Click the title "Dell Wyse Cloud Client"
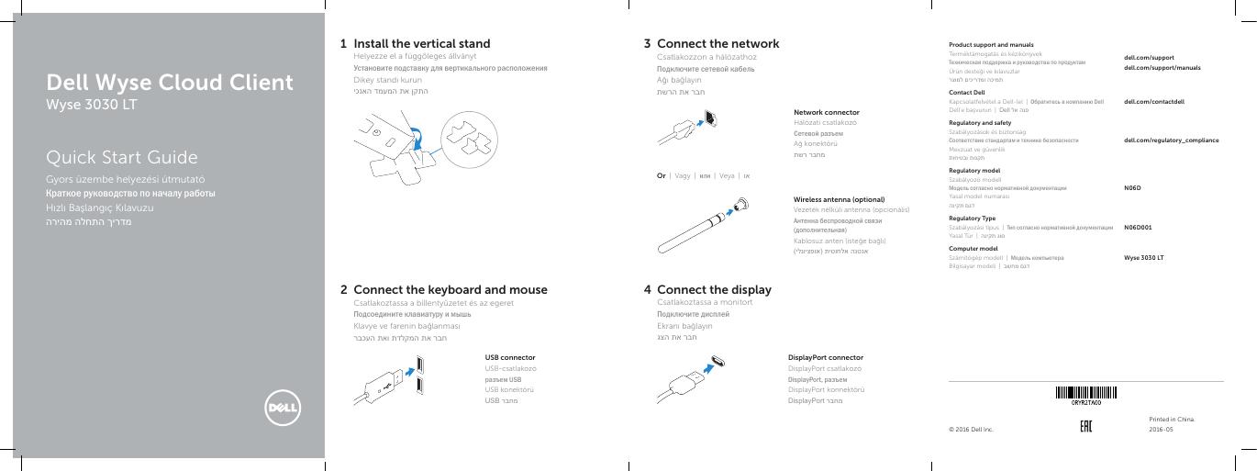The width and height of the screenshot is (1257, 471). (171, 84)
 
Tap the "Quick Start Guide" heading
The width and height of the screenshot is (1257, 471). (122, 157)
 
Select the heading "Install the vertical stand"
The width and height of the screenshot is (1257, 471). (421, 43)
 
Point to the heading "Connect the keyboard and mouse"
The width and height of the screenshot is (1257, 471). (450, 289)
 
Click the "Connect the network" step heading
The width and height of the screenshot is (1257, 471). (717, 43)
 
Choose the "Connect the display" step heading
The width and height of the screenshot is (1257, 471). (714, 289)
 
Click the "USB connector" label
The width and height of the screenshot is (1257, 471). (509, 357)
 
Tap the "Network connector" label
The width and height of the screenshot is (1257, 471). (826, 112)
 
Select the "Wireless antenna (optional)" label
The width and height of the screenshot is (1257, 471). (839, 199)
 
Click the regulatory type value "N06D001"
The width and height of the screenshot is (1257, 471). (1138, 226)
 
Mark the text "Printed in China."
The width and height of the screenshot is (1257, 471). (1172, 419)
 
